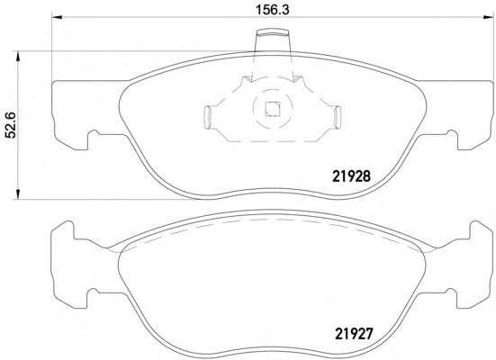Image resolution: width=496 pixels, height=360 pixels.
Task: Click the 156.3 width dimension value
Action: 273,10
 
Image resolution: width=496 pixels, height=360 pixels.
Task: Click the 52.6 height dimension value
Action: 11,124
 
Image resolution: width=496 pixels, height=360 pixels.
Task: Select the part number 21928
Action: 351,176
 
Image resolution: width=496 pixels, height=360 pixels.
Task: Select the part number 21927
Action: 355,333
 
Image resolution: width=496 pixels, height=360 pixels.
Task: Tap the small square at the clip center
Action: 273,109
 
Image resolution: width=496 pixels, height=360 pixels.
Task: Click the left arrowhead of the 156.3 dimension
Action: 57,17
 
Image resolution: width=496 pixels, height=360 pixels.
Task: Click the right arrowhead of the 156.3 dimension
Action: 488,17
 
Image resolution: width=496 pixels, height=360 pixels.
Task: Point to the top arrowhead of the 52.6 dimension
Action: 18,56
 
